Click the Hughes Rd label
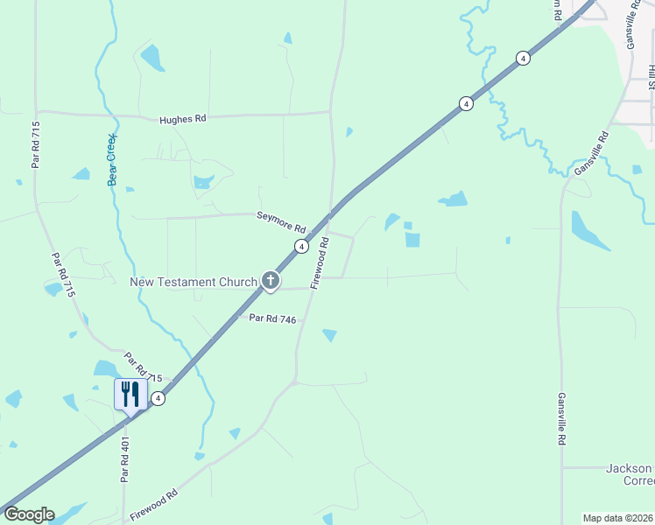coord(182,119)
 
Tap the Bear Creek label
coord(112,159)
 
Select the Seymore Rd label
coord(280,220)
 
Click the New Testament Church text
coord(194,282)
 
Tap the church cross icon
coord(271,281)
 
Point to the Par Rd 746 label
coord(272,319)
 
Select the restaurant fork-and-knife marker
coord(130,393)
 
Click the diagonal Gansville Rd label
coord(591,153)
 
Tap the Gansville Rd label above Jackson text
coord(560,418)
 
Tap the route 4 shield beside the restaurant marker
coord(158,398)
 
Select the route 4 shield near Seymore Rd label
coord(301,247)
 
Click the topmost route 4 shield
coord(523,58)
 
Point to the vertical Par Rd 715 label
coord(36,144)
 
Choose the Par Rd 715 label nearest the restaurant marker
coord(144,367)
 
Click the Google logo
coord(28,514)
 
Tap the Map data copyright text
coord(617,518)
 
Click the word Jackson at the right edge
coord(629,468)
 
